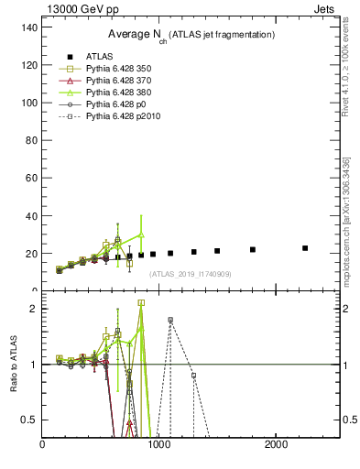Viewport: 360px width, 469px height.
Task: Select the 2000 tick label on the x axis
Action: tap(277, 444)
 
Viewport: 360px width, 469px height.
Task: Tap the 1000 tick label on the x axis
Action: tap(159, 444)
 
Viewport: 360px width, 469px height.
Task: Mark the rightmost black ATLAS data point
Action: tap(305, 248)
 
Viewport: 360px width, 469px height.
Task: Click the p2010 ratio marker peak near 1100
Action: tap(170, 320)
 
